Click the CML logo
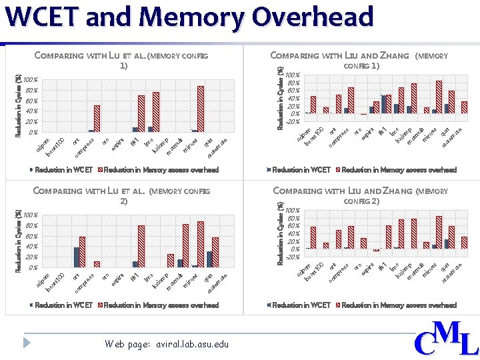pos(446,339)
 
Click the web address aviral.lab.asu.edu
pos(166,344)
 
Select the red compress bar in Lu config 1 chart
pos(97,119)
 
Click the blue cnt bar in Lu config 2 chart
pos(77,257)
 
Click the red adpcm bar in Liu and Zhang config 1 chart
pos(313,105)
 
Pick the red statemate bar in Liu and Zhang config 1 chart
pos(464,107)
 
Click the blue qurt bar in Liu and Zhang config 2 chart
pos(447,244)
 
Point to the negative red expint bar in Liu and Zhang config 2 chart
pos(376,251)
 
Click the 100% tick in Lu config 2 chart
pos(30,216)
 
